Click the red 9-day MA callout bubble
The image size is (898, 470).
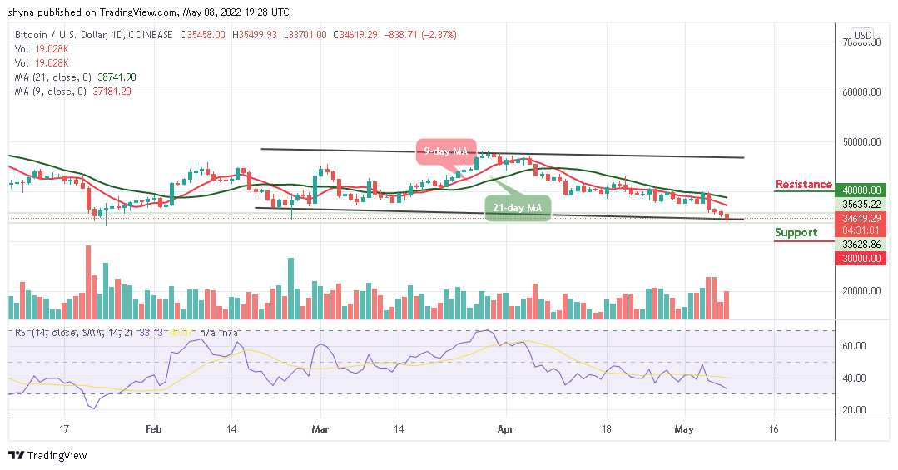(x=445, y=151)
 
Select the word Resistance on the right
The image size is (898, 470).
(x=803, y=184)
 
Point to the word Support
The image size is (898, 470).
(x=796, y=232)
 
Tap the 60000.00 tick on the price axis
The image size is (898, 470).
(x=861, y=92)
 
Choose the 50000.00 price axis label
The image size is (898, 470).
(x=861, y=141)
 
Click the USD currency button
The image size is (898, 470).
(x=862, y=36)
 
